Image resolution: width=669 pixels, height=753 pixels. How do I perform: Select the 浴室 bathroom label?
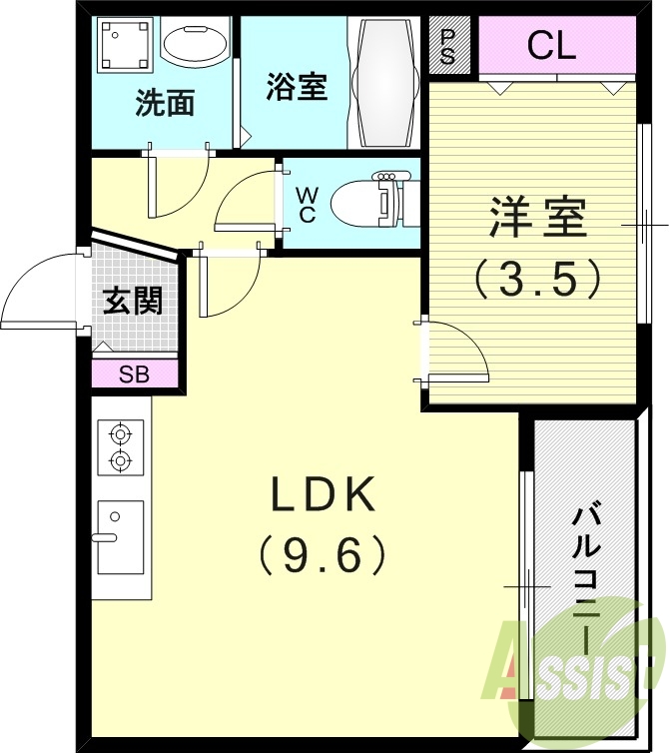pyautogui.click(x=297, y=88)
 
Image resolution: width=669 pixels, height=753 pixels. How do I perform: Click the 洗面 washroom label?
pyautogui.click(x=165, y=103)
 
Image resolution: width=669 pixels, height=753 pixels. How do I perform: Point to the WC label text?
pyautogui.click(x=307, y=204)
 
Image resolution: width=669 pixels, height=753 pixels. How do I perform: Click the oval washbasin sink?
pyautogui.click(x=195, y=45)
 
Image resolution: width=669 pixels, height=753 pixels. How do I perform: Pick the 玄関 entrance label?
pyautogui.click(x=133, y=300)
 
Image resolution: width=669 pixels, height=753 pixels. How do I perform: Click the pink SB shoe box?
pyautogui.click(x=134, y=376)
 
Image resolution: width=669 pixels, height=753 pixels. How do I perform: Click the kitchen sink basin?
pyautogui.click(x=120, y=537)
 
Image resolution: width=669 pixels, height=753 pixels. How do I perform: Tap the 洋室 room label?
pyautogui.click(x=537, y=219)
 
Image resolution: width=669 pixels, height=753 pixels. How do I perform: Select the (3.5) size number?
pyautogui.click(x=537, y=279)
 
